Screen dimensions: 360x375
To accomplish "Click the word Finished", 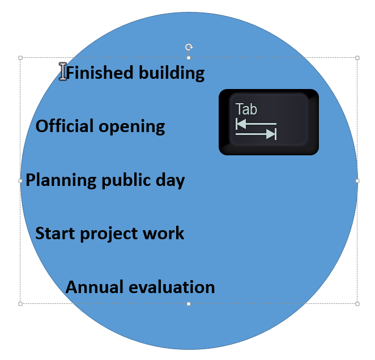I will coord(96,73).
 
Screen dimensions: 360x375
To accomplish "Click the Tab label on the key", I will coord(246,108).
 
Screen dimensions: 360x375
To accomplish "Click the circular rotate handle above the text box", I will coord(189,47).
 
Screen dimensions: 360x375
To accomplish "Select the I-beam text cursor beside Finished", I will coord(63,71).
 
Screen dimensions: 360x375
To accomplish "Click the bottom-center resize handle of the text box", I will coord(189,304).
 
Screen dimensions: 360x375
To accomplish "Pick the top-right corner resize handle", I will coord(357,58).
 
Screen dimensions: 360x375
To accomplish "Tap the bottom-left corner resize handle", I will coord(20,304).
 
